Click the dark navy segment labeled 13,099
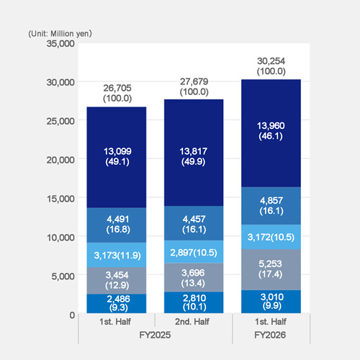117,157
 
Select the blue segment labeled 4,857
271,205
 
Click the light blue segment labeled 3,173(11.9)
117,255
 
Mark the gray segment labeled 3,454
117,280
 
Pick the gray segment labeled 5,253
271,269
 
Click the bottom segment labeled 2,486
117,303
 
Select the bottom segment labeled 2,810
194,302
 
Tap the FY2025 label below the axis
155,336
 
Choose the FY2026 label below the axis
271,336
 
